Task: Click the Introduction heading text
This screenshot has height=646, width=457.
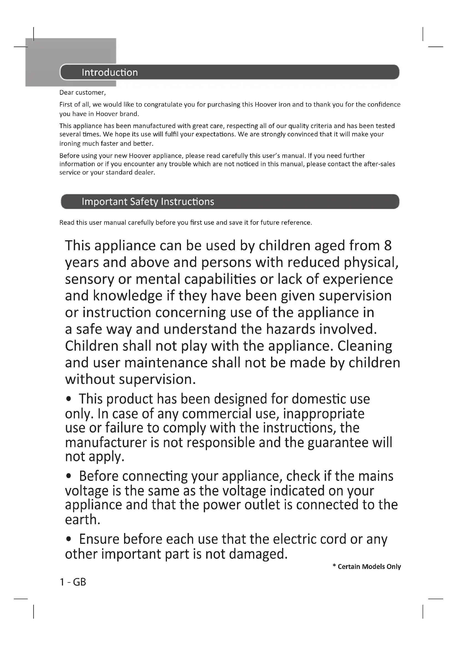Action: (110, 73)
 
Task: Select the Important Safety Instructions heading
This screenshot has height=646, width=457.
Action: (148, 202)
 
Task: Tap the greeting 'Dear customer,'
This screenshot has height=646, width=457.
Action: (82, 93)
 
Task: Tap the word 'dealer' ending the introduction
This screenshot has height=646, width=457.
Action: (145, 172)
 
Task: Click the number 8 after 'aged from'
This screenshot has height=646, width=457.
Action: (387, 246)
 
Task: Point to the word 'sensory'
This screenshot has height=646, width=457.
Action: (89, 280)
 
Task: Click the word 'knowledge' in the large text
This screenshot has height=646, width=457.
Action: (127, 296)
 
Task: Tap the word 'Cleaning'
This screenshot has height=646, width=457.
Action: (364, 346)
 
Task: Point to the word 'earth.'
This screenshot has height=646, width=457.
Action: (82, 520)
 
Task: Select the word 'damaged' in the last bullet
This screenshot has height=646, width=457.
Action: (258, 554)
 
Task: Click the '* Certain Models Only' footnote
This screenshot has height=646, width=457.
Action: (366, 566)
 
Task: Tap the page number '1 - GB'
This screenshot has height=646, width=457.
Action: (73, 582)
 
